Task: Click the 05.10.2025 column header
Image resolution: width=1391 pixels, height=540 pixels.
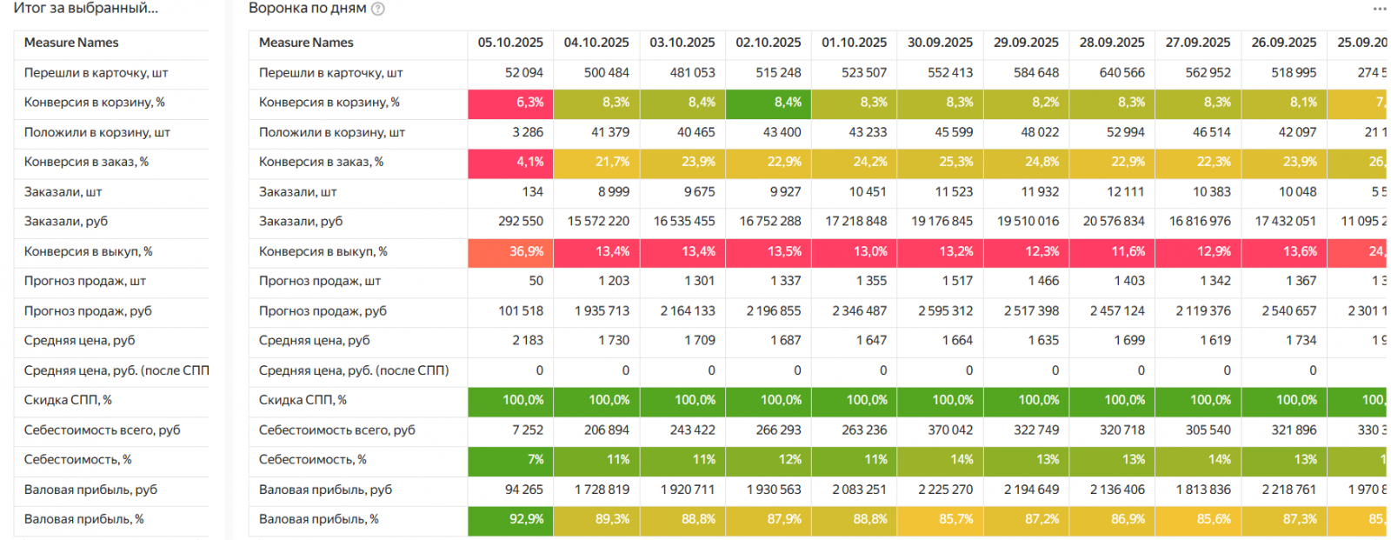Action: (510, 43)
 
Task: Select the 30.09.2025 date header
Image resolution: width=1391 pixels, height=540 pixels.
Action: (940, 43)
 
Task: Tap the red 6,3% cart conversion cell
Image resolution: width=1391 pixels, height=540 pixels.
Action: (510, 103)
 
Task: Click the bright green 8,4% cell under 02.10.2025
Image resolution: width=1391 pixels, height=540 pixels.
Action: (769, 103)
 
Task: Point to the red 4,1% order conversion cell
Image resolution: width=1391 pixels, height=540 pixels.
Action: (510, 163)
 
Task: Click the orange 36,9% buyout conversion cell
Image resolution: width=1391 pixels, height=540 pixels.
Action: (510, 251)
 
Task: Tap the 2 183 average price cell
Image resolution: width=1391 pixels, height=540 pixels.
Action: (527, 341)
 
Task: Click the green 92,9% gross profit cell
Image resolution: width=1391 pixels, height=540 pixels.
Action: (510, 520)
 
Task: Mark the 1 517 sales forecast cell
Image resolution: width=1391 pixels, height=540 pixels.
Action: (957, 281)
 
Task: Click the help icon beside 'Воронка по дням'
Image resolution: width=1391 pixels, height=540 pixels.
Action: (378, 9)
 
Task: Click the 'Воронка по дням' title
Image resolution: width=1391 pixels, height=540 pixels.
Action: (307, 9)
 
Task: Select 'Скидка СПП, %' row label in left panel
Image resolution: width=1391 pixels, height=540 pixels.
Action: (68, 400)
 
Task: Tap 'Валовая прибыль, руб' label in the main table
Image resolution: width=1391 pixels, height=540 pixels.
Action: (325, 490)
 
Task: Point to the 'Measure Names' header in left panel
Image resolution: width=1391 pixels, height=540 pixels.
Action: (71, 43)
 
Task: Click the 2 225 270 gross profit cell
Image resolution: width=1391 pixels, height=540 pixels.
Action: (945, 490)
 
